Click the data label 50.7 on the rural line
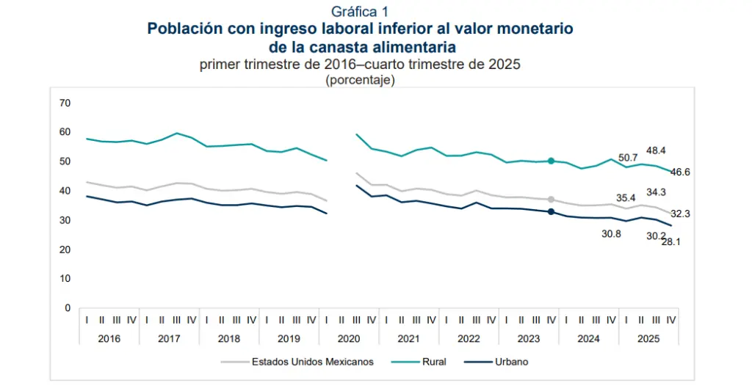point(628,158)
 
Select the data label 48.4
point(656,150)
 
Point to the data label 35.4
point(625,197)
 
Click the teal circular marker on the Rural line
point(551,161)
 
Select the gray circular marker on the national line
point(551,199)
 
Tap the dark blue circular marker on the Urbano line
point(551,212)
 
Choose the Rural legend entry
point(433,362)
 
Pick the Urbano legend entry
point(511,362)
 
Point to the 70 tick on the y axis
point(65,103)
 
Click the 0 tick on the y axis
point(67,308)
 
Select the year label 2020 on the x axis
point(349,338)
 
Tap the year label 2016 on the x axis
point(109,338)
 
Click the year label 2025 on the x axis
point(648,338)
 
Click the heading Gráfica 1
point(360,11)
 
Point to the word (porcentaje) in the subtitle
point(360,81)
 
